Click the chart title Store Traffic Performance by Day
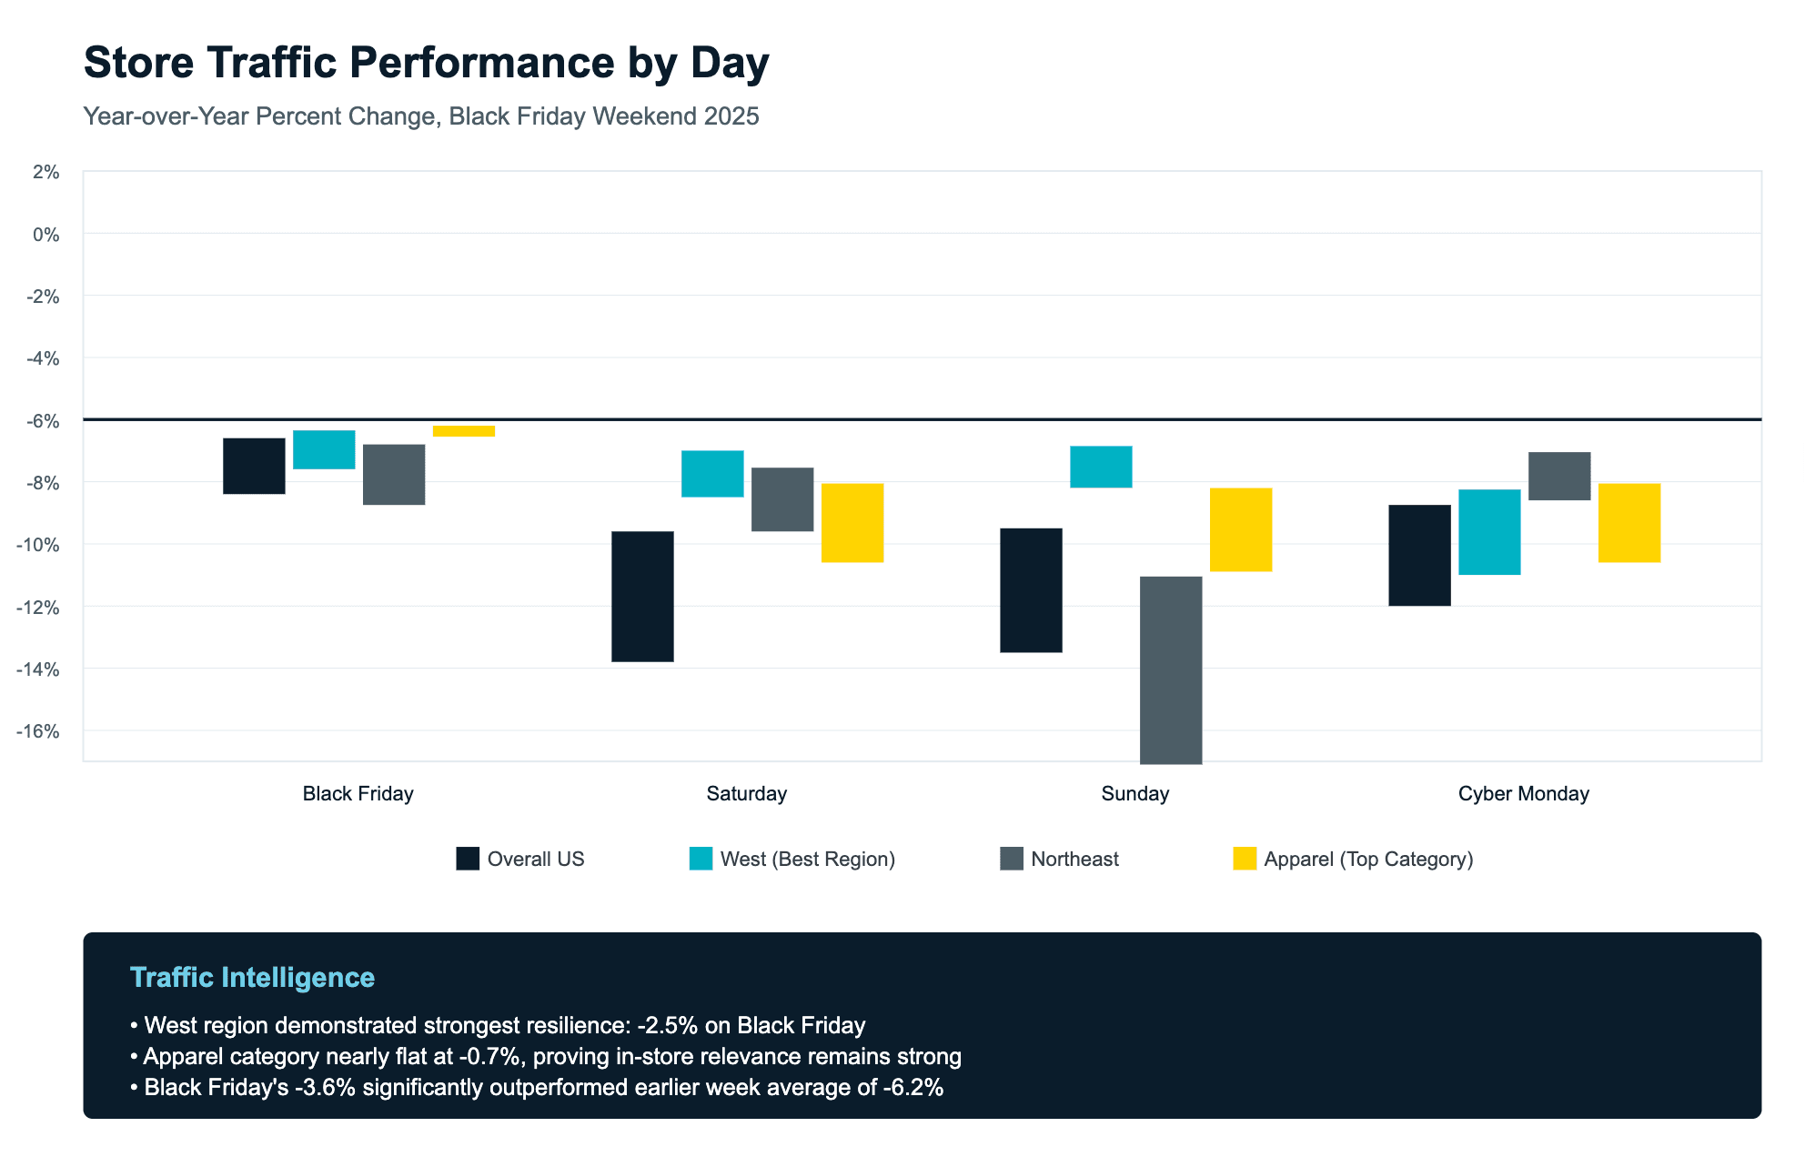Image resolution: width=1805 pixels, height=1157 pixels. [426, 63]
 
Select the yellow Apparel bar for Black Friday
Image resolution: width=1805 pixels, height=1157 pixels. [464, 430]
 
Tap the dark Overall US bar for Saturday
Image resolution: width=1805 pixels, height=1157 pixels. [642, 596]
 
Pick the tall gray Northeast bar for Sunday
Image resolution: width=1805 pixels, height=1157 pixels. [1171, 669]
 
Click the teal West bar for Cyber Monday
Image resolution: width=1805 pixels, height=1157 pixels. [1489, 531]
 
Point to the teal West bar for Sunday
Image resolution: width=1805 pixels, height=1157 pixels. [1101, 467]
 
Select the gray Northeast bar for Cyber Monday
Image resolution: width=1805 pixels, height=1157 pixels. [1559, 476]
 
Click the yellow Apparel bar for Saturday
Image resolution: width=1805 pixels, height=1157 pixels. [852, 523]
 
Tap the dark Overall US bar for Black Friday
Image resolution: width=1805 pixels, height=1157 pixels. [254, 466]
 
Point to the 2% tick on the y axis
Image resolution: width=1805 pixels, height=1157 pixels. [45, 173]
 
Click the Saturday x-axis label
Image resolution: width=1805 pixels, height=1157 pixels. [746, 794]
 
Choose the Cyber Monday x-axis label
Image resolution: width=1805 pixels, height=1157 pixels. [1523, 794]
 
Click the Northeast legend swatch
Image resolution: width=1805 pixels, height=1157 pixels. [1012, 859]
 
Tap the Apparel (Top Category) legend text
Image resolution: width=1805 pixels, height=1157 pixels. [1368, 860]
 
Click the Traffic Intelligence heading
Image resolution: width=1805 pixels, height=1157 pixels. [252, 978]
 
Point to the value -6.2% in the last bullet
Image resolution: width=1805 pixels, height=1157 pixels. [913, 1088]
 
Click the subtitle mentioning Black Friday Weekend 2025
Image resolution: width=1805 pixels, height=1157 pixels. [420, 116]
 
